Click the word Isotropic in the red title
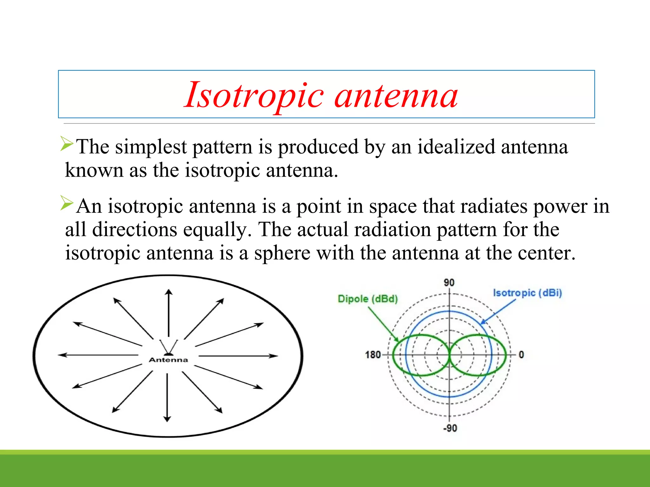(x=254, y=95)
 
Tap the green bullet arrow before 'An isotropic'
(x=67, y=203)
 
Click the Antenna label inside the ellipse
(x=168, y=360)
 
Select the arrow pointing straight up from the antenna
(x=169, y=312)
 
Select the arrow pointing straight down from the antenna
(x=167, y=398)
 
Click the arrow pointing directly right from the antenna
(x=238, y=356)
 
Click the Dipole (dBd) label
(x=368, y=299)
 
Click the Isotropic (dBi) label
(x=527, y=293)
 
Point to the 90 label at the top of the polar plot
(x=449, y=282)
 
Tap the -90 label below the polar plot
(x=450, y=428)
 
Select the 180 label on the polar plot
(x=373, y=354)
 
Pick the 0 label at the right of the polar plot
(x=521, y=354)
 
